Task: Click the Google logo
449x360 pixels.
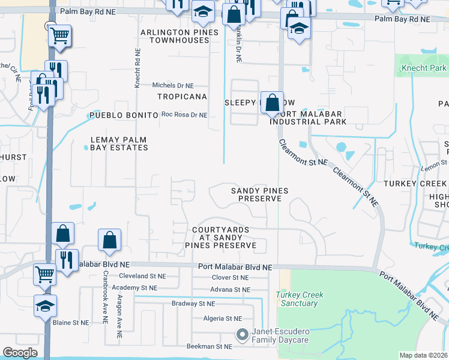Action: point(20,353)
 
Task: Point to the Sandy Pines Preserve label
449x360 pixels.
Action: point(260,194)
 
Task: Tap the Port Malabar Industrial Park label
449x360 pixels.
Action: point(308,118)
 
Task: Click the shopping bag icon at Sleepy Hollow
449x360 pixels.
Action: point(271,103)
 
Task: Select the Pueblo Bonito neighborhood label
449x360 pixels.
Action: point(122,115)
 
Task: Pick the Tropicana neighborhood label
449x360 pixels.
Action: point(182,97)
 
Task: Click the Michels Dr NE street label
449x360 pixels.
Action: point(173,86)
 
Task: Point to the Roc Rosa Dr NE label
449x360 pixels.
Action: point(184,115)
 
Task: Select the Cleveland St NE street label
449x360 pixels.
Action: point(142,277)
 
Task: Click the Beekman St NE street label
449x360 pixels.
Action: point(209,347)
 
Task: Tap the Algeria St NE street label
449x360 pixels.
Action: point(222,319)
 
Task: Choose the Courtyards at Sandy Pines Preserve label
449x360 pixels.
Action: point(224,238)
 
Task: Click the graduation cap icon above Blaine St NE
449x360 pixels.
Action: point(45,305)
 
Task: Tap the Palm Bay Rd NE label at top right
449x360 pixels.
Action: point(402,19)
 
